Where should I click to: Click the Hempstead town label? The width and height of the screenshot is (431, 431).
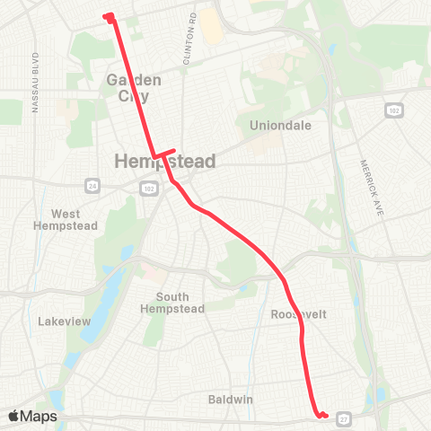tap(166, 162)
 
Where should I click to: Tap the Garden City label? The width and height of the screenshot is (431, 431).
tap(135, 87)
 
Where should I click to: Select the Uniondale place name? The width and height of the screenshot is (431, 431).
tap(281, 126)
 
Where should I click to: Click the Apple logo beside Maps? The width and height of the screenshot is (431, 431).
tap(15, 416)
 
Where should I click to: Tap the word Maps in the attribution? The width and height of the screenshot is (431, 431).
tap(40, 416)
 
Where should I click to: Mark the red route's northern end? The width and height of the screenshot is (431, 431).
tap(108, 16)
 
